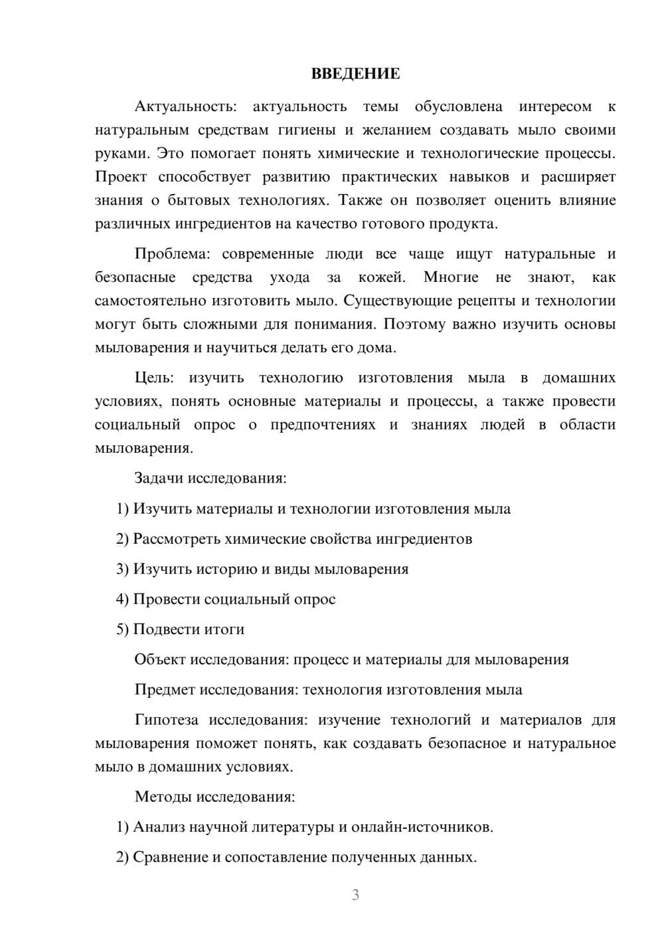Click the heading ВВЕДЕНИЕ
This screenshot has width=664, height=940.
coord(355,74)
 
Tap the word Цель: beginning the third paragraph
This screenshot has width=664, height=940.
coord(154,378)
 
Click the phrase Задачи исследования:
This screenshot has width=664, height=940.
coord(210,478)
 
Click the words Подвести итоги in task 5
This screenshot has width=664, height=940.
coord(189,629)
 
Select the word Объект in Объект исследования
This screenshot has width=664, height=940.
coord(160,659)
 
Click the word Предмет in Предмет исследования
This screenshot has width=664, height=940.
coord(165,689)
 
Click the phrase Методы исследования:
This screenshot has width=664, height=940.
coord(214,796)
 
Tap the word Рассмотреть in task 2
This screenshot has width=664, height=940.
coord(177,538)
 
